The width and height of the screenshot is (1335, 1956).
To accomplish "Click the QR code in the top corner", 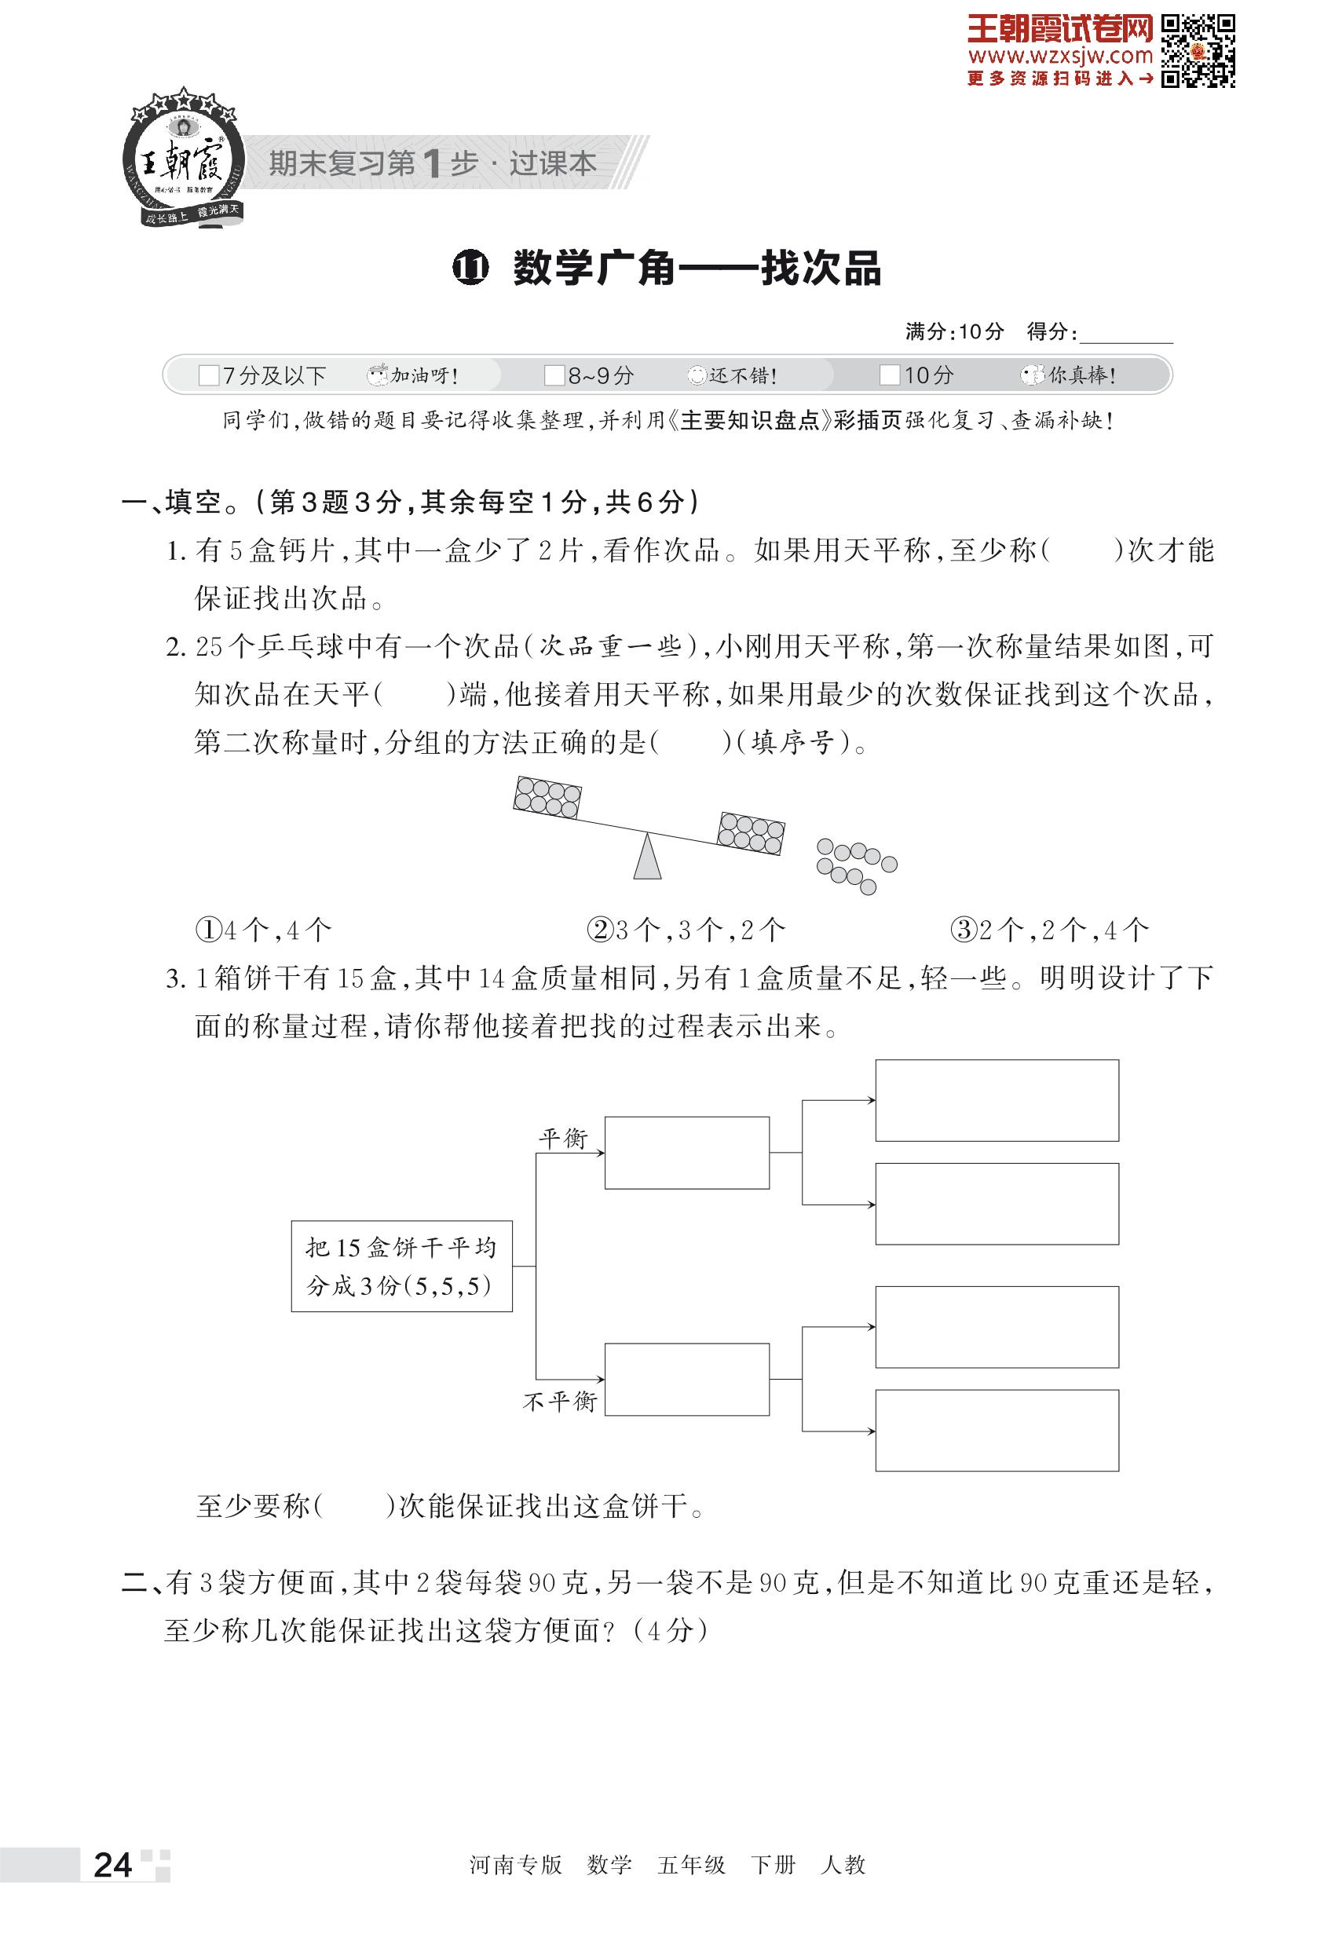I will pyautogui.click(x=1198, y=50).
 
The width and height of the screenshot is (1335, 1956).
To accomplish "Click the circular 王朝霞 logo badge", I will pyautogui.click(x=183, y=160).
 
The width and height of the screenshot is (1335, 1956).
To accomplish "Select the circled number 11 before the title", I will pyautogui.click(x=470, y=269).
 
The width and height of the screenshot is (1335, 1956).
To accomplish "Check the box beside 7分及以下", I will pyautogui.click(x=208, y=375).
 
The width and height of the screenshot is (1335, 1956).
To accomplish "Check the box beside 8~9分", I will pyautogui.click(x=554, y=375).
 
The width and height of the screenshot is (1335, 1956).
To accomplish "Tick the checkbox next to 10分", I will pyautogui.click(x=889, y=375).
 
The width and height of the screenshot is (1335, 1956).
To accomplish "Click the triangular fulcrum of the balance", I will pyautogui.click(x=646, y=857).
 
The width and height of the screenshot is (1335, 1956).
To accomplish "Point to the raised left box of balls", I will pyautogui.click(x=547, y=797).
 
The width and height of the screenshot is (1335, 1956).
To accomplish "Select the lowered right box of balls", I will pyautogui.click(x=750, y=833).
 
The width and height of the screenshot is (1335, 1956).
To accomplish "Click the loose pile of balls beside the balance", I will pyautogui.click(x=855, y=865).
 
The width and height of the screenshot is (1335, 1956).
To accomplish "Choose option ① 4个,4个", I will pyautogui.click(x=263, y=930).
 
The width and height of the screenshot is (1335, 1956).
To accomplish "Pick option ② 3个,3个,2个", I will pyautogui.click(x=686, y=930).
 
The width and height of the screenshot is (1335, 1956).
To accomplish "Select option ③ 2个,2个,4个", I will pyautogui.click(x=1049, y=930).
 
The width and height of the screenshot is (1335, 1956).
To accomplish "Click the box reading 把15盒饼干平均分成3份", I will pyautogui.click(x=401, y=1266).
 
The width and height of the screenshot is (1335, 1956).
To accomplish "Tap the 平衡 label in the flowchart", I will pyautogui.click(x=563, y=1139).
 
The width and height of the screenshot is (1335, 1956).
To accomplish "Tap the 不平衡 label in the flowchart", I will pyautogui.click(x=559, y=1402).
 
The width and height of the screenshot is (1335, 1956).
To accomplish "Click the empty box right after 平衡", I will pyautogui.click(x=687, y=1152).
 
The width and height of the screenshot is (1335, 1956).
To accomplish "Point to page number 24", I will pyautogui.click(x=113, y=1865).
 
